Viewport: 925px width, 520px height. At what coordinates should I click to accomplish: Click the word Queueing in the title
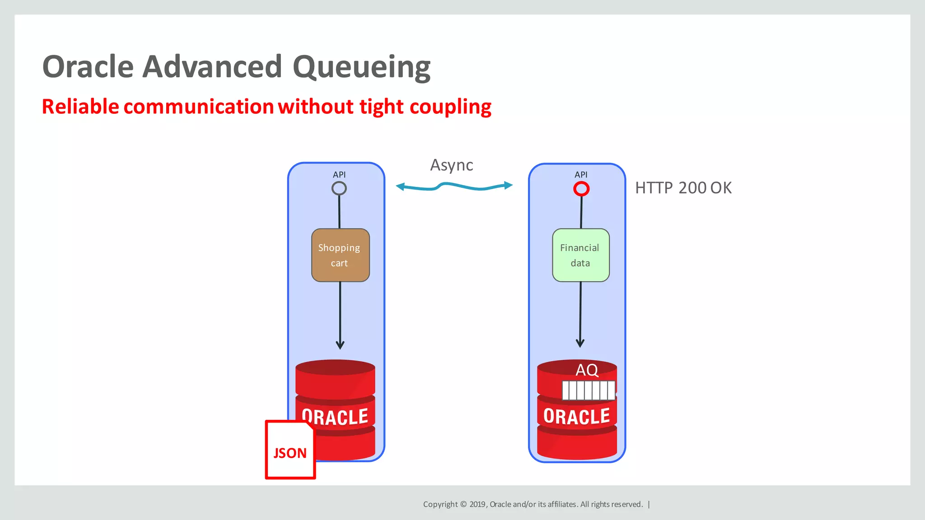click(361, 68)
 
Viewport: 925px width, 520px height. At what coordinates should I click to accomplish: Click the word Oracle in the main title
click(88, 67)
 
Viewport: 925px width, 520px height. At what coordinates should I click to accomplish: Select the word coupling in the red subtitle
click(450, 107)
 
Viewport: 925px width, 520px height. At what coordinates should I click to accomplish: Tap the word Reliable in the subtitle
click(80, 107)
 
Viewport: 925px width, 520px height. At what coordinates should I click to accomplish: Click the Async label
click(451, 165)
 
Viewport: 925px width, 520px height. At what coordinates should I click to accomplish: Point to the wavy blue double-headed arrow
click(454, 186)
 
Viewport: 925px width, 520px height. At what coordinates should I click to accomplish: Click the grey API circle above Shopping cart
click(339, 188)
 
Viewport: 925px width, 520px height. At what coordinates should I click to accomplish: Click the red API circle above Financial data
click(581, 189)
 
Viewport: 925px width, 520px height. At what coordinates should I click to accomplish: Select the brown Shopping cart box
click(341, 255)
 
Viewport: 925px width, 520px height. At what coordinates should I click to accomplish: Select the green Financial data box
click(581, 255)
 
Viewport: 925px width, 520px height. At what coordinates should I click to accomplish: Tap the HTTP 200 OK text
click(683, 188)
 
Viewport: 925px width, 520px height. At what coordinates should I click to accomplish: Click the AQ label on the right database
click(587, 370)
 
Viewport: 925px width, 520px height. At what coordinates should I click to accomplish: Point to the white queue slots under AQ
click(589, 390)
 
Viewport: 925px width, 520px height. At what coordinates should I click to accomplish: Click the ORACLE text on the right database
click(577, 416)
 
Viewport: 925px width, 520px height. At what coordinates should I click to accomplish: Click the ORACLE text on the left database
click(335, 416)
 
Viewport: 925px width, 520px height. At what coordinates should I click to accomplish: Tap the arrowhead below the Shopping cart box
click(340, 345)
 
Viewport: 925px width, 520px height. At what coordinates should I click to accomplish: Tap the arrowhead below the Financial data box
click(580, 343)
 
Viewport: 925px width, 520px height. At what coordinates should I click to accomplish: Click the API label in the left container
click(339, 175)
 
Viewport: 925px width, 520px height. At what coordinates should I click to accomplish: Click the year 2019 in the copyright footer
click(477, 504)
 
